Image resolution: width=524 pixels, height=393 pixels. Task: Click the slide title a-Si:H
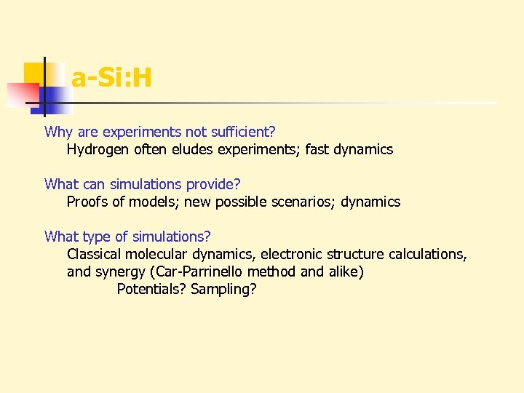click(111, 78)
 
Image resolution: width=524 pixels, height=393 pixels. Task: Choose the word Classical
click(94, 255)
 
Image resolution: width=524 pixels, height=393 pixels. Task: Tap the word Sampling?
click(223, 290)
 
